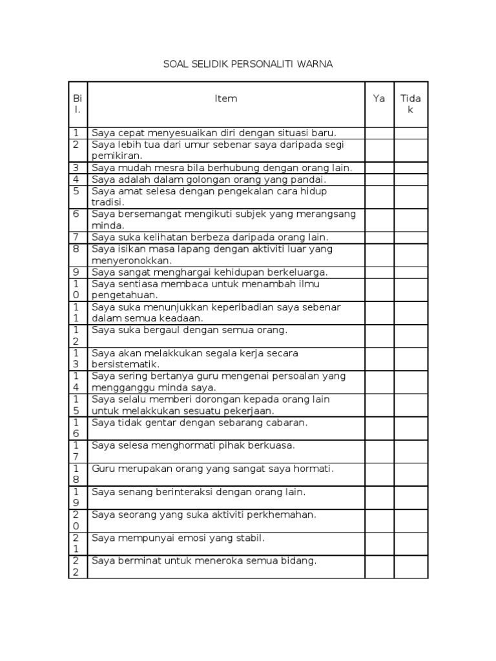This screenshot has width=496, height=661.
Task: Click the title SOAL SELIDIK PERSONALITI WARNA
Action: coord(248,65)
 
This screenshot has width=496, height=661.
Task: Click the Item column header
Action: coord(226,99)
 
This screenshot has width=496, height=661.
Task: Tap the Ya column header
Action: coord(379,99)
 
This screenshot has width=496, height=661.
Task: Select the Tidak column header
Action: coord(411,104)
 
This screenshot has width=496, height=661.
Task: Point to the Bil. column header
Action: coord(77,104)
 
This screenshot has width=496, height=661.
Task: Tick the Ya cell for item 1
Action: coord(379,133)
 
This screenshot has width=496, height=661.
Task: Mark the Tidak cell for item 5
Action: coord(411,197)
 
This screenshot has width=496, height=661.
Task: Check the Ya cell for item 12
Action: coord(379,336)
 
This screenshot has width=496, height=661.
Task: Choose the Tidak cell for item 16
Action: coord(411,429)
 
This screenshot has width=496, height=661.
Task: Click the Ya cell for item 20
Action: coord(379,521)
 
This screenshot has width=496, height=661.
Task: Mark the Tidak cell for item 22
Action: coord(411,567)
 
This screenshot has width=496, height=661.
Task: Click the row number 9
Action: coord(76,272)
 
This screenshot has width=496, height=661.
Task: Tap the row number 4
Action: coord(76,179)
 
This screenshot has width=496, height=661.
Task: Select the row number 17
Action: coord(76,451)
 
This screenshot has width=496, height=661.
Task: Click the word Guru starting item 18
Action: coord(103,469)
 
